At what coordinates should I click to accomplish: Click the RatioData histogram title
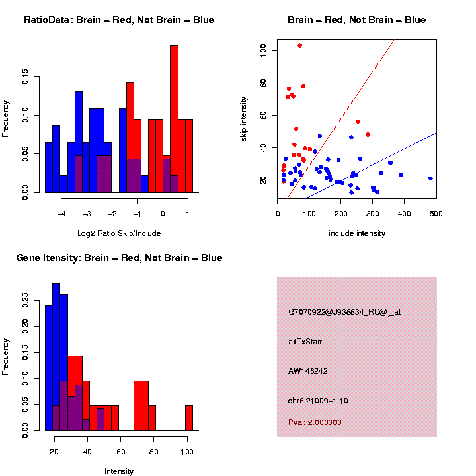(119, 20)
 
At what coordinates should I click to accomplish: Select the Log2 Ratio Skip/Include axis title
(120, 233)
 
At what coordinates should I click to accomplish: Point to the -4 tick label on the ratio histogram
(61, 214)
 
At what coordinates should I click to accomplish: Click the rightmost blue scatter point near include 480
(430, 178)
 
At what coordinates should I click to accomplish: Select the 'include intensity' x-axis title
(357, 233)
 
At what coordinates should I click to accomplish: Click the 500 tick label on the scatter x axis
(436, 214)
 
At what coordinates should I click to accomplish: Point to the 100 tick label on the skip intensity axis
(263, 50)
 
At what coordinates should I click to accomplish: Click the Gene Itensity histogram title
(119, 258)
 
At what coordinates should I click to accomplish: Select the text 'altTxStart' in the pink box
(305, 342)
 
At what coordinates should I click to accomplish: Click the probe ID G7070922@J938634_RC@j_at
(344, 312)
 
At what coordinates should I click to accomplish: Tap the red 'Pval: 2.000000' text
(315, 422)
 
